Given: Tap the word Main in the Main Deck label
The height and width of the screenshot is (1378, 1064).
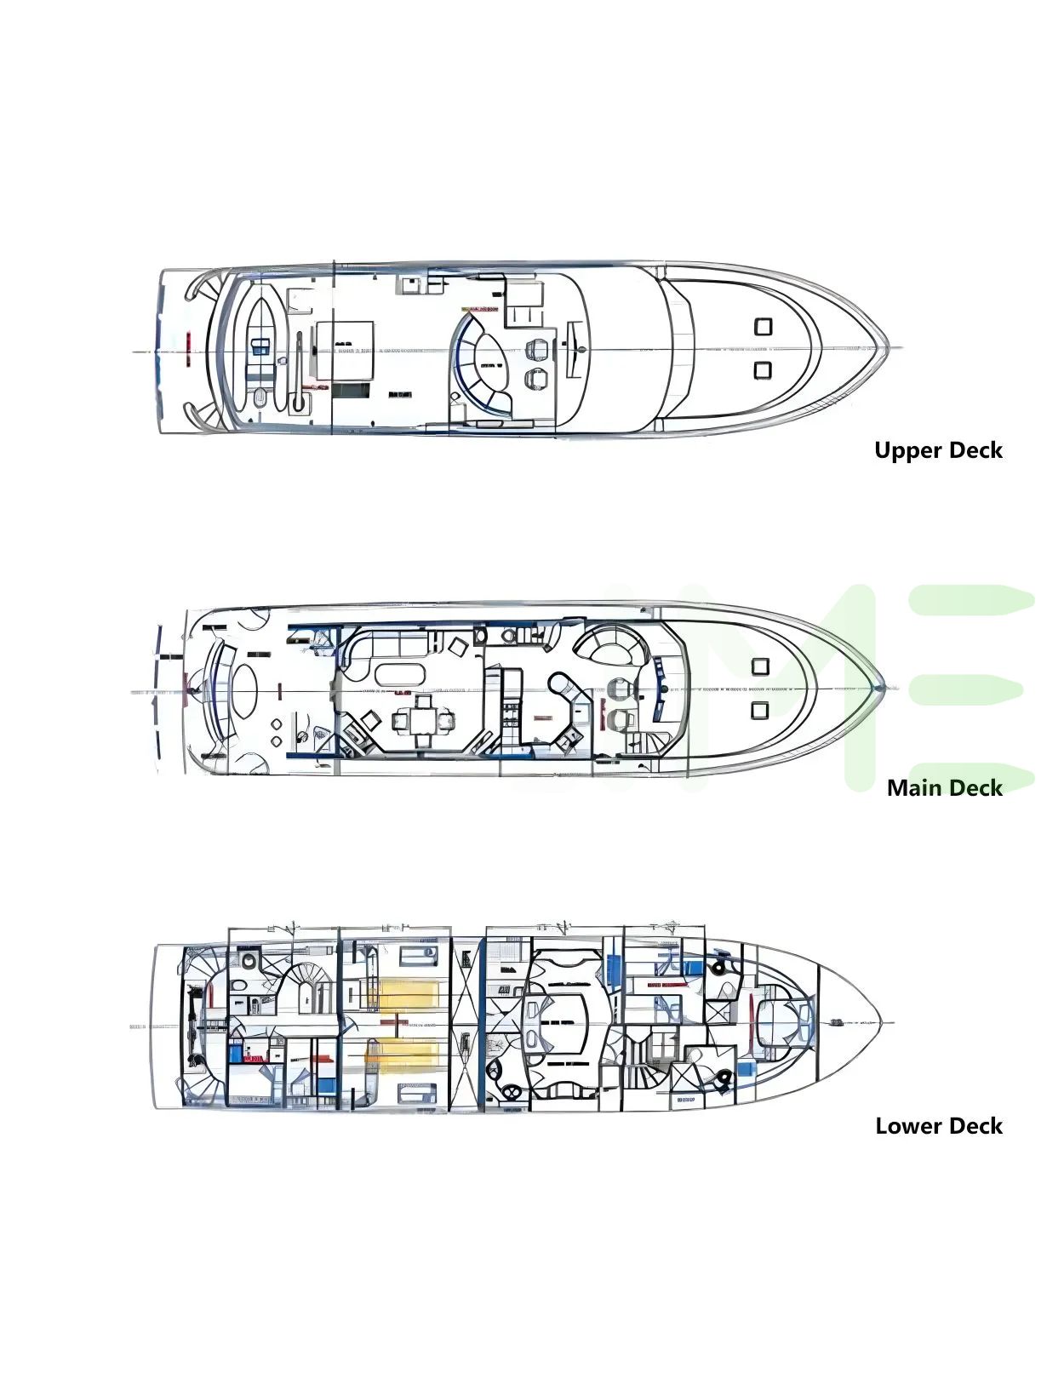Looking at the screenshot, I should (915, 788).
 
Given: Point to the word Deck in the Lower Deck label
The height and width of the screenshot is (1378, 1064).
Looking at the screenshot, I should (975, 1126).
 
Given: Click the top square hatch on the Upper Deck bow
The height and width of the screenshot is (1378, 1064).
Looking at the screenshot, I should (763, 326).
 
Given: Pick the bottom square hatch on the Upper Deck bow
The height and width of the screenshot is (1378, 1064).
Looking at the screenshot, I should (763, 369).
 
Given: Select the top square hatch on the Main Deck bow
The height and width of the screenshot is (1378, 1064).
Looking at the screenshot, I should (760, 666).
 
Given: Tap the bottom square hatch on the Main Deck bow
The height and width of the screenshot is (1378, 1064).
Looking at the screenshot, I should (760, 709).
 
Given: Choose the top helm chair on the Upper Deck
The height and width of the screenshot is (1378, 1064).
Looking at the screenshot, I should (538, 349).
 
